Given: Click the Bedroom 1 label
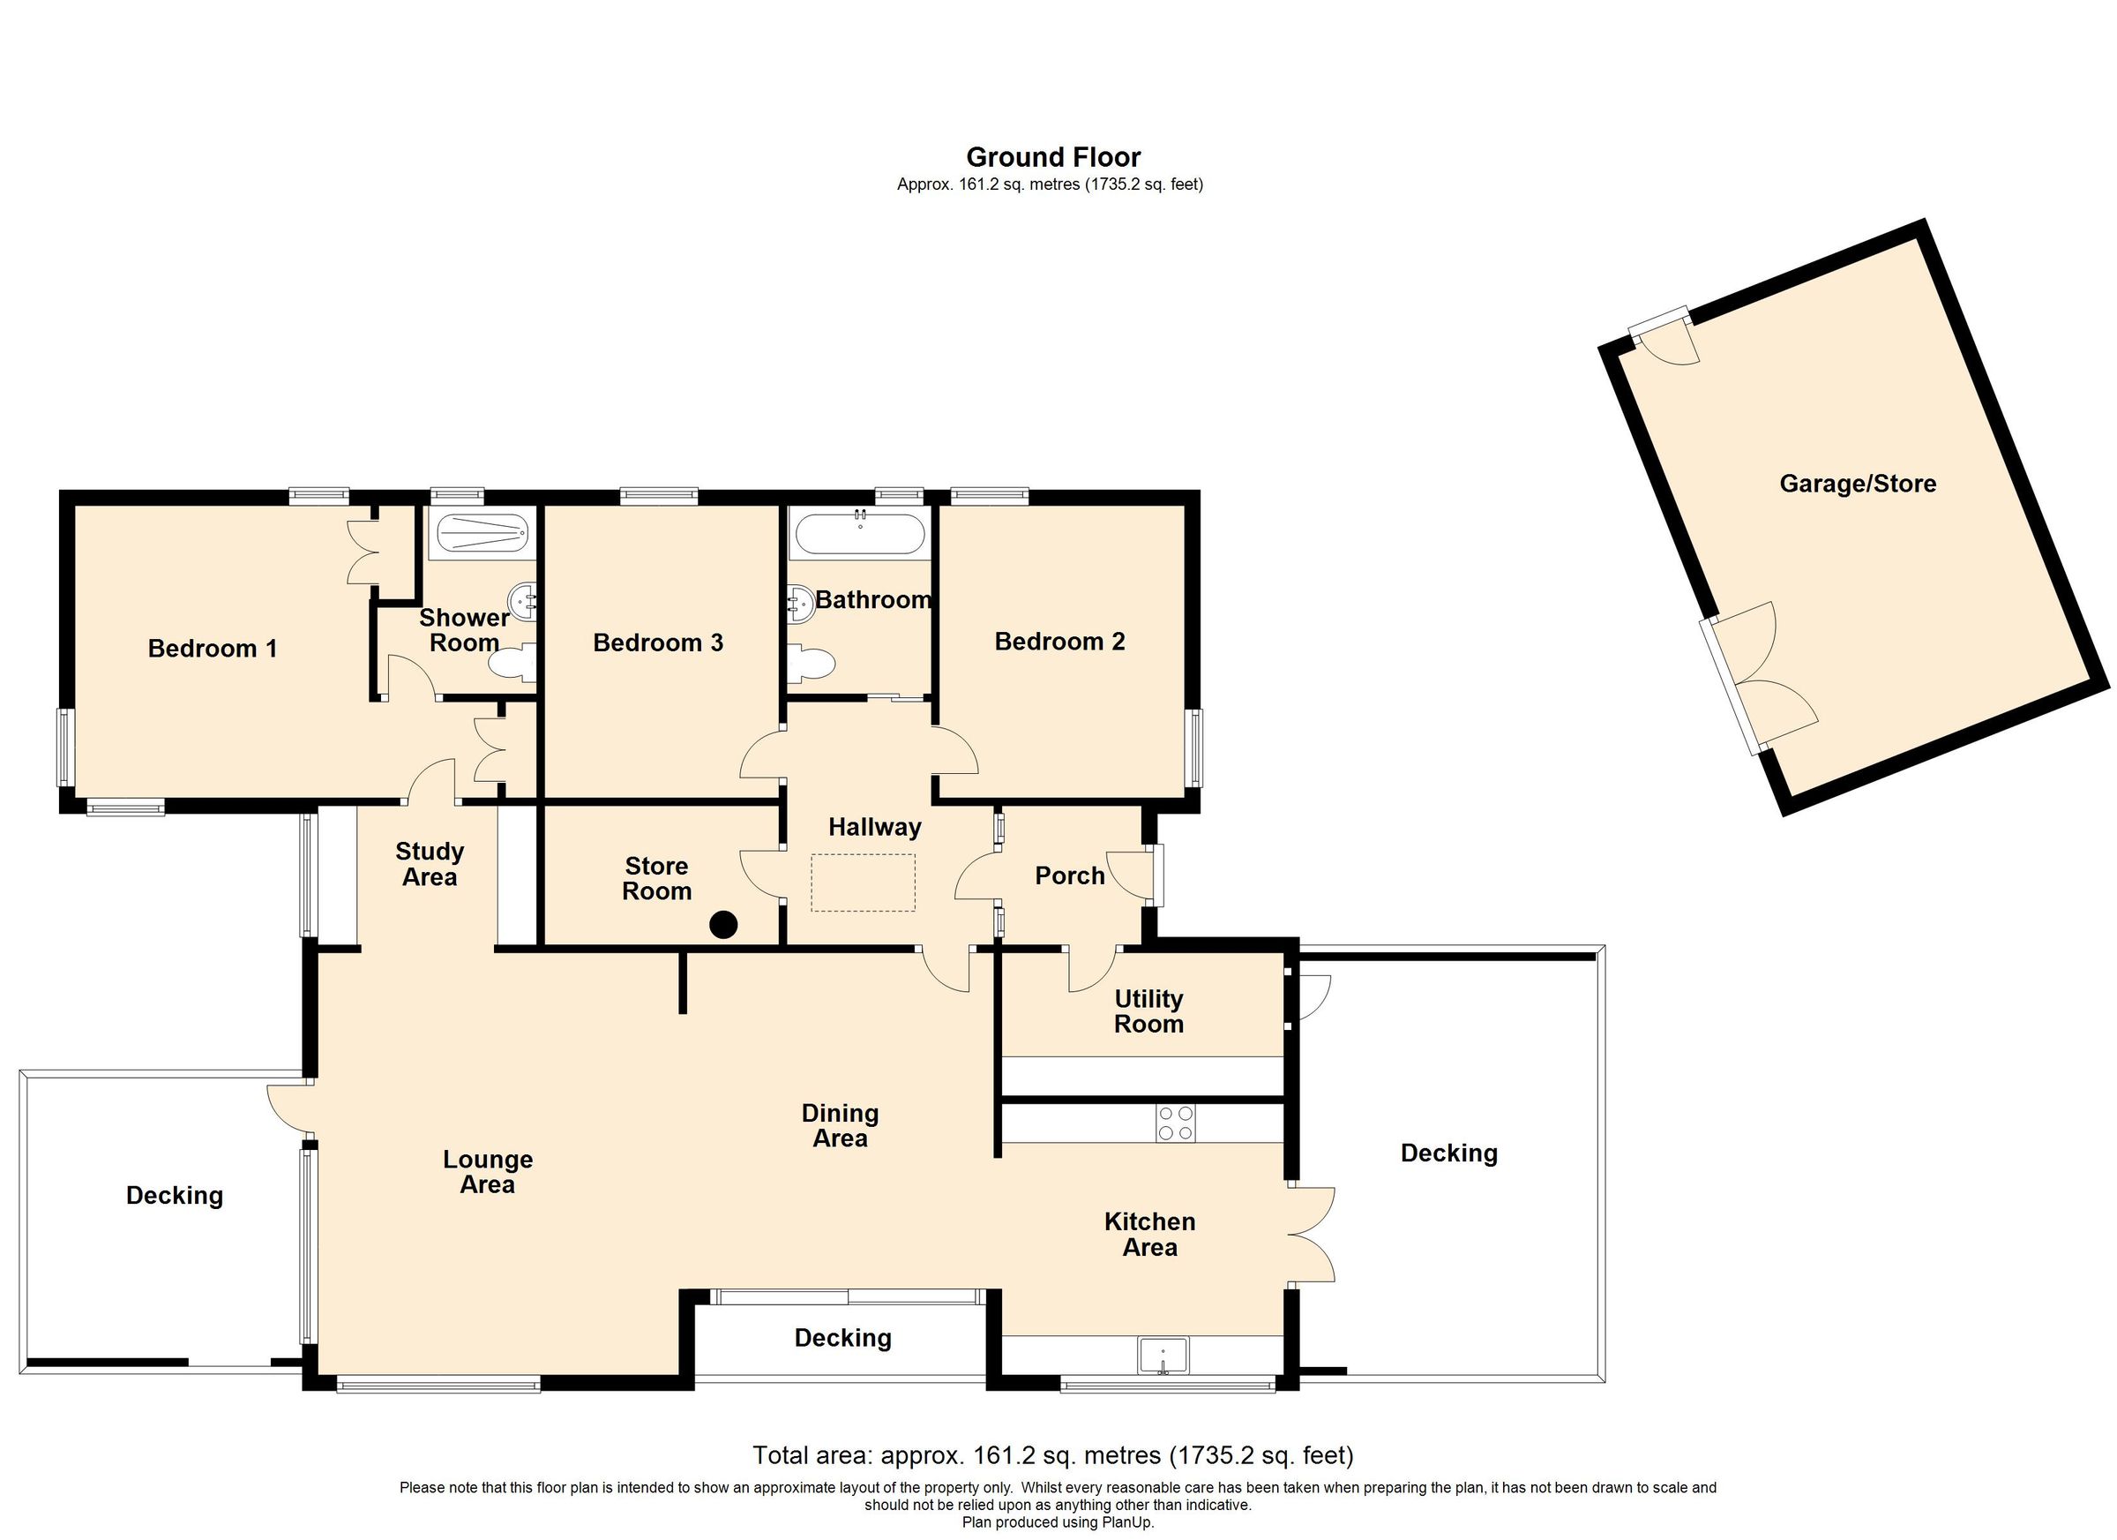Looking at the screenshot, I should click(213, 648).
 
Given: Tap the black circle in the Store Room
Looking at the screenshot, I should click(723, 926).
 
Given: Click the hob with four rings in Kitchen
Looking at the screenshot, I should click(1175, 1123).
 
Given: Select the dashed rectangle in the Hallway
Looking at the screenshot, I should click(864, 883).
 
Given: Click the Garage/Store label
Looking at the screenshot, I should click(1858, 484).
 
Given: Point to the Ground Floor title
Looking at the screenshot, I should click(1053, 157).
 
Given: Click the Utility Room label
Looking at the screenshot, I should click(1148, 1011).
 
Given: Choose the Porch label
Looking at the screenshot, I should click(1070, 876).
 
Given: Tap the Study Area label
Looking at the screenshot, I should click(430, 864).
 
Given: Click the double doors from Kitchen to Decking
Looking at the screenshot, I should click(1313, 1235).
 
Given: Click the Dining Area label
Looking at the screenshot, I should click(840, 1125).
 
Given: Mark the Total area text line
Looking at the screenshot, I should click(1053, 1455).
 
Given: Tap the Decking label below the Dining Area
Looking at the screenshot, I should click(843, 1338).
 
